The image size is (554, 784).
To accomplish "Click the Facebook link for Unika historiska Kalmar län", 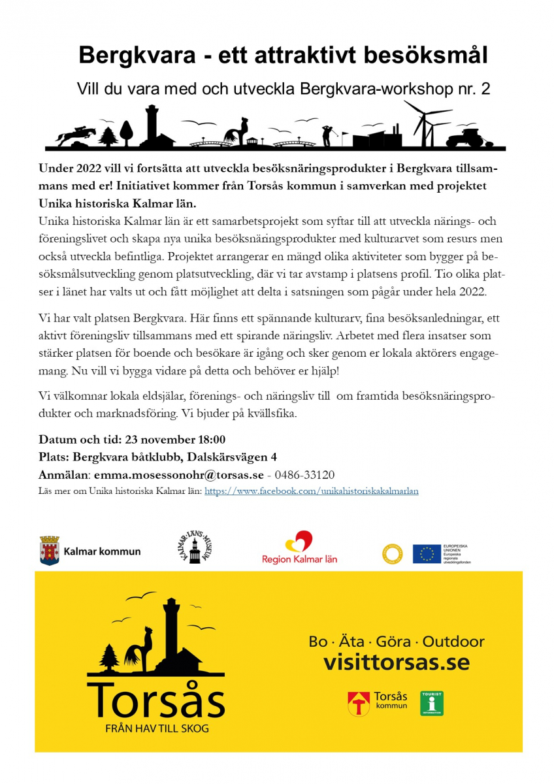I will pos(312,491).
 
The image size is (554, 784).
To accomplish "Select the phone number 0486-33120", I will pos(305,475).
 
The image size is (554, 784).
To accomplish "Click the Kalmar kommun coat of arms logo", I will pos(50,551).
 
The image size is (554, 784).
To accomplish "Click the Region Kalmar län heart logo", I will pos(300,542).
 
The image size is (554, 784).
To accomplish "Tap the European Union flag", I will pos(427,553).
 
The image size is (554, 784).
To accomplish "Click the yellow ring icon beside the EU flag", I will pos(393,553).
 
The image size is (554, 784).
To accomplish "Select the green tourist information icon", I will pos(432,704).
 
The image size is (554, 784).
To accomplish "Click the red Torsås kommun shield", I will pos(358,704).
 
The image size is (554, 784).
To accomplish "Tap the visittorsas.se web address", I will pos(397,662).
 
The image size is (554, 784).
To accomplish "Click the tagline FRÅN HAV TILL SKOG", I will pos(157,728).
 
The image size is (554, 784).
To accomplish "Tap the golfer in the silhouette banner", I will pos(327,134).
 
